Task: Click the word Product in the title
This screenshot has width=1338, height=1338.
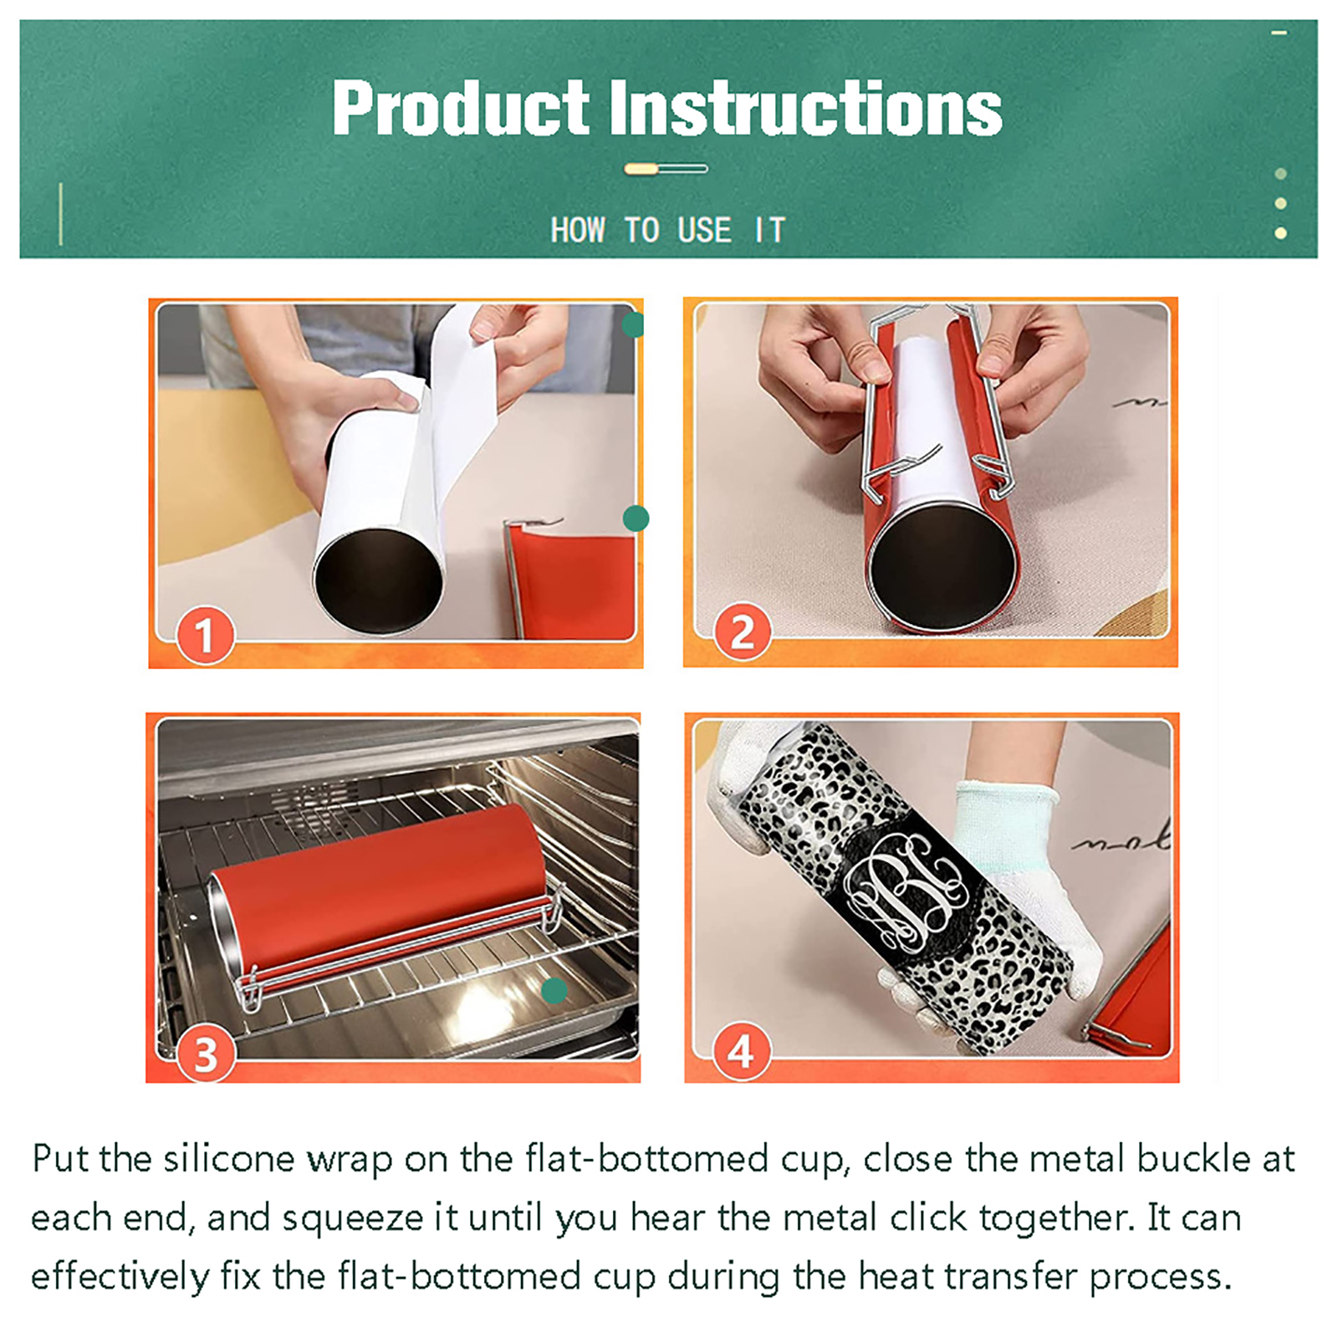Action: click(x=461, y=108)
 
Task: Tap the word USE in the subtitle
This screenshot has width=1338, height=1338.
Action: click(x=704, y=230)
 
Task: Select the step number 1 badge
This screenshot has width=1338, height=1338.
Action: click(x=205, y=635)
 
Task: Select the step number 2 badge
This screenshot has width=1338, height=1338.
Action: click(x=742, y=631)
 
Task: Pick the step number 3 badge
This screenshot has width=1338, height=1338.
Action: click(x=206, y=1054)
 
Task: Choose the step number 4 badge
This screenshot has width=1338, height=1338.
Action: click(x=741, y=1050)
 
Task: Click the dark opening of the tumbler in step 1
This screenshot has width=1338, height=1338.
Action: click(x=378, y=580)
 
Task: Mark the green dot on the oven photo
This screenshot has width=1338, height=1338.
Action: click(x=554, y=991)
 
